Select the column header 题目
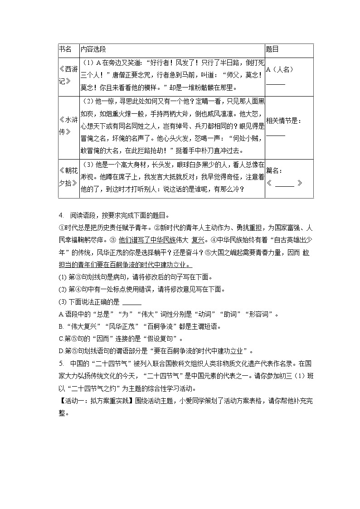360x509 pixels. pos(272,49)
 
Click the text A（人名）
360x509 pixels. pos(280,69)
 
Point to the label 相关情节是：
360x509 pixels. pos(283,121)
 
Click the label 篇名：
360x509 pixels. pos(275,170)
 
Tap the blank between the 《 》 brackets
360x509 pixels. pos(285,184)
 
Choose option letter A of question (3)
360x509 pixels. pos(61,315)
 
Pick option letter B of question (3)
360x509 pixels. pos(61,326)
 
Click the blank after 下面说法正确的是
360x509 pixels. pos(132,303)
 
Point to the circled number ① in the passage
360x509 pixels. pos(62,228)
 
